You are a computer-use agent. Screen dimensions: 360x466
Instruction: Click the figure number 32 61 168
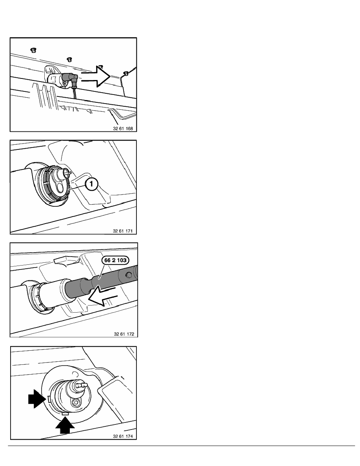pyautogui.click(x=123, y=129)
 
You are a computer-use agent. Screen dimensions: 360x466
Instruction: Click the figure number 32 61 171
pyautogui.click(x=123, y=231)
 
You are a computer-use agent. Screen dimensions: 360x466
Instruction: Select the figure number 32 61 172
pyautogui.click(x=124, y=334)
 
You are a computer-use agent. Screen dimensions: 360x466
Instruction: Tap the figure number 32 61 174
pyautogui.click(x=123, y=436)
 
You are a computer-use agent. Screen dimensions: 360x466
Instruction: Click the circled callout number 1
pyautogui.click(x=91, y=184)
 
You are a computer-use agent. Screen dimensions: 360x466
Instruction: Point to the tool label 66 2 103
pyautogui.click(x=116, y=260)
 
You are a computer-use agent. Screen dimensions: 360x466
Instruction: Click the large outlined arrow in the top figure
pyautogui.click(x=96, y=76)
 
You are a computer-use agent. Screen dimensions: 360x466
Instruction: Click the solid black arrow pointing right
pyautogui.click(x=37, y=399)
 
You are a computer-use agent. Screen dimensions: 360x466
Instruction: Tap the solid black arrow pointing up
pyautogui.click(x=65, y=425)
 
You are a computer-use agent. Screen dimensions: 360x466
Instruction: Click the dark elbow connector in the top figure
pyautogui.click(x=71, y=79)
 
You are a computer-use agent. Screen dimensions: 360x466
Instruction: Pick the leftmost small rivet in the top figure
pyautogui.click(x=33, y=50)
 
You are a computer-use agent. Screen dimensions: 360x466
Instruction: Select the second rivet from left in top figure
pyautogui.click(x=69, y=60)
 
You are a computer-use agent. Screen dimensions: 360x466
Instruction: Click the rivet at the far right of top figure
pyautogui.click(x=125, y=73)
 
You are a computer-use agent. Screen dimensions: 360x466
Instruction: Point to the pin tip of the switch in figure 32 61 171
pyautogui.click(x=69, y=171)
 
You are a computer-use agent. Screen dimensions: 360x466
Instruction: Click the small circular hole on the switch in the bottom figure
pyautogui.click(x=76, y=402)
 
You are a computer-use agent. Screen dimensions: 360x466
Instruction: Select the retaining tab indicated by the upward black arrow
pyautogui.click(x=65, y=413)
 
